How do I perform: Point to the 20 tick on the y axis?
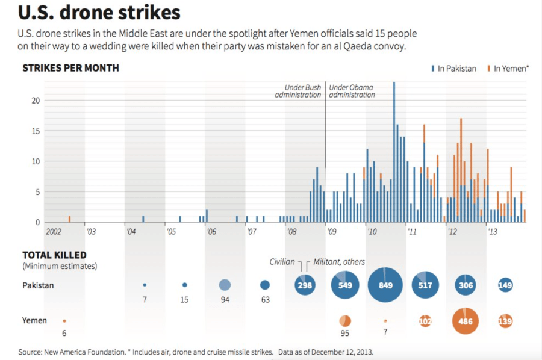[x=36, y=100]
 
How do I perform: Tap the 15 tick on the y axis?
[x=36, y=131]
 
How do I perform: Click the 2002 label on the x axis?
[x=54, y=231]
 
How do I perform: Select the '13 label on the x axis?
[x=492, y=231]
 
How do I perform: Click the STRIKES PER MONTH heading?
[x=70, y=68]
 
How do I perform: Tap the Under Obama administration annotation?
[x=352, y=91]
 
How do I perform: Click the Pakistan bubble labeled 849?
[x=385, y=285]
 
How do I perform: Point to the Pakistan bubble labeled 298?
[x=305, y=285]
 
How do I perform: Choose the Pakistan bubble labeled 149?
[x=505, y=285]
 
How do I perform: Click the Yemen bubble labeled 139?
[x=505, y=321]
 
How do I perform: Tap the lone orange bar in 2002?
[x=70, y=219]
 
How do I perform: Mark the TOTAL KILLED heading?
[x=54, y=255]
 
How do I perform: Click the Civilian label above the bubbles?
[x=282, y=262]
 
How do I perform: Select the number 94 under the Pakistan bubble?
[x=225, y=299]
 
